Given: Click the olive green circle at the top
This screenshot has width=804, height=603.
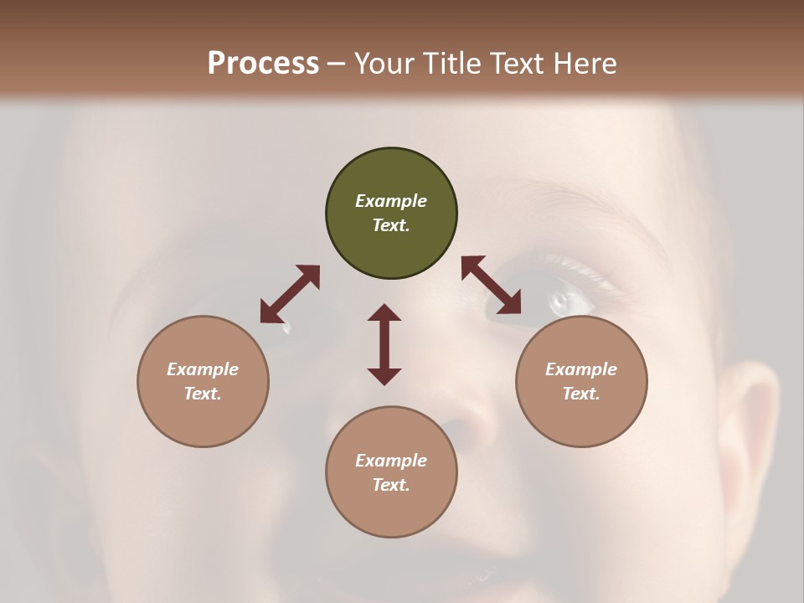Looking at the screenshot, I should click(x=391, y=214).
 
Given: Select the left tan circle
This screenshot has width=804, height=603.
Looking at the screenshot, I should click(x=203, y=381).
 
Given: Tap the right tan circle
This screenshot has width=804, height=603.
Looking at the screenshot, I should click(x=581, y=381).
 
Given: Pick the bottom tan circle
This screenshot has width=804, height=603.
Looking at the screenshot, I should click(x=391, y=472).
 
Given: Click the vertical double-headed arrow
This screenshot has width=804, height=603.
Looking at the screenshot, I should click(x=384, y=344).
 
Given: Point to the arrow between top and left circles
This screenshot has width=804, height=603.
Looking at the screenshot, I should click(x=290, y=294).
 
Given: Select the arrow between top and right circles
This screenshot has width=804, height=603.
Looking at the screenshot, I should click(x=492, y=285).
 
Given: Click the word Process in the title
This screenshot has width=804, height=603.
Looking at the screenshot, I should click(x=263, y=63).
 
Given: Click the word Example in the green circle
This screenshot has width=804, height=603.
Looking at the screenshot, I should click(x=391, y=201).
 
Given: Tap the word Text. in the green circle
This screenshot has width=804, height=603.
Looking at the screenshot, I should click(x=391, y=225).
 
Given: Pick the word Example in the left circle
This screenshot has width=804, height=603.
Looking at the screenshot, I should click(x=203, y=369).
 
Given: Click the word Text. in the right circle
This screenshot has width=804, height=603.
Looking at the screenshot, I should click(x=581, y=394).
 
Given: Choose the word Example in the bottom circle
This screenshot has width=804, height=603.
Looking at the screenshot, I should click(x=391, y=461).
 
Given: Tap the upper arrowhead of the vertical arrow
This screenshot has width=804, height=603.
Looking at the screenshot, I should click(x=384, y=313).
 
